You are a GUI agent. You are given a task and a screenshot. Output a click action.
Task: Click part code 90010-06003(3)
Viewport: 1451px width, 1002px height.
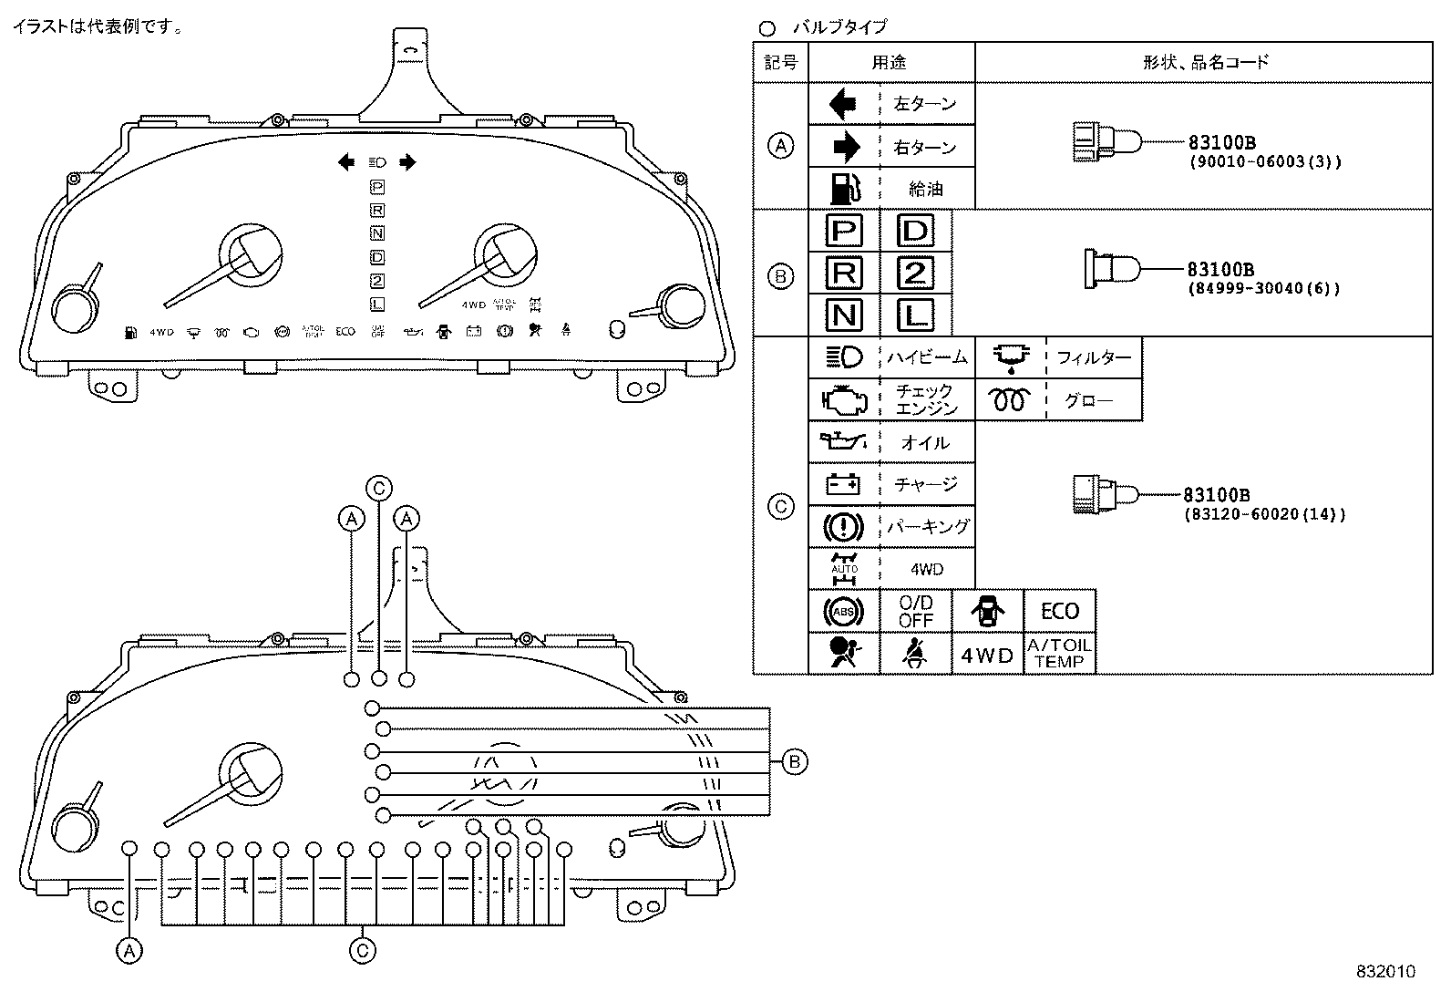1265,162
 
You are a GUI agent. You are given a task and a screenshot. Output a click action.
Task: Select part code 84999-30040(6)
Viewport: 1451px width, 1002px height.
1263,289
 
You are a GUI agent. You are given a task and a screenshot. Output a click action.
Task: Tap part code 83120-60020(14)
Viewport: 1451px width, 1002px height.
1265,514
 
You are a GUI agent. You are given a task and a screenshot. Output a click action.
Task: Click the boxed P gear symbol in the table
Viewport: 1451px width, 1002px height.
844,231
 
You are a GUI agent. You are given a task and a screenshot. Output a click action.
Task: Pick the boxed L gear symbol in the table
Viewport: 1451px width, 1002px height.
915,315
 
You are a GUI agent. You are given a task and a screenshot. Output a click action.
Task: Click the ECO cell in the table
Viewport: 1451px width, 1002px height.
1059,611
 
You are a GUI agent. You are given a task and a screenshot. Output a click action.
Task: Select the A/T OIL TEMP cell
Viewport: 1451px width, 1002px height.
1059,654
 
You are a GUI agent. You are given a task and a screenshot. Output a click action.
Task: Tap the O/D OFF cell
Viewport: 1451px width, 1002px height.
915,611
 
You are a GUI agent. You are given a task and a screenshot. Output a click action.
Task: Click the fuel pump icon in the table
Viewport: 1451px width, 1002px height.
844,189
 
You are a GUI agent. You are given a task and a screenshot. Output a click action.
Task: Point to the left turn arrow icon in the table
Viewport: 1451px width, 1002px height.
843,104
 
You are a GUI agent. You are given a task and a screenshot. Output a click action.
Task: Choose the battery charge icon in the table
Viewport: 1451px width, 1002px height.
843,484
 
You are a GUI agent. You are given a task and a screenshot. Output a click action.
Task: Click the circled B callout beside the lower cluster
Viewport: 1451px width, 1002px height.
795,761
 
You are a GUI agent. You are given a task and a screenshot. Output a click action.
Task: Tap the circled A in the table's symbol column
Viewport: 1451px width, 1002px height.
781,146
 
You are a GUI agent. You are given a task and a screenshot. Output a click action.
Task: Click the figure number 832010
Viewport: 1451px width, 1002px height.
1384,972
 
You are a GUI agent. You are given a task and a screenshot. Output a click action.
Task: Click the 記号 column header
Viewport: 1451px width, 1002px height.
781,63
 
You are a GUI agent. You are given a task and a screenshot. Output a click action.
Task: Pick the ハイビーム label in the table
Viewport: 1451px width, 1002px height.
926,358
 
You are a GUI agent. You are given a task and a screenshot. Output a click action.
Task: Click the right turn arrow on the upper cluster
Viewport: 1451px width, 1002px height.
407,162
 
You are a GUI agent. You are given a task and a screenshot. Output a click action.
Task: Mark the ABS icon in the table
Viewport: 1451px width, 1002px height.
843,611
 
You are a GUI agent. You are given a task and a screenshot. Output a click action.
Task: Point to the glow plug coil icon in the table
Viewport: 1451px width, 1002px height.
1010,400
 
